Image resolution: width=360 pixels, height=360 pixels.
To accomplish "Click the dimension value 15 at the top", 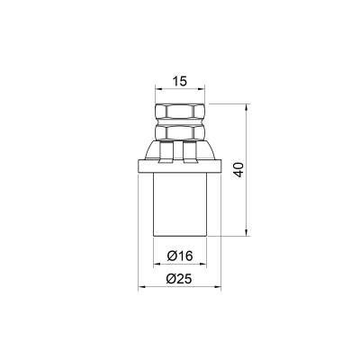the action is pyautogui.click(x=180, y=81).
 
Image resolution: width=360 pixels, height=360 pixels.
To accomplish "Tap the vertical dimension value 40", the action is pyautogui.click(x=238, y=170).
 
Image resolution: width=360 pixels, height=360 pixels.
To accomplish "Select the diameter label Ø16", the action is pyautogui.click(x=180, y=256).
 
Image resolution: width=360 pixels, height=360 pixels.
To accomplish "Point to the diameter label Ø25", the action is pyautogui.click(x=179, y=279).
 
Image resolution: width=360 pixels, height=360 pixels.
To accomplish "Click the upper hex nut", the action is pyautogui.click(x=180, y=112).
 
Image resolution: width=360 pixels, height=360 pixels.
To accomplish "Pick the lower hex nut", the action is pyautogui.click(x=180, y=132).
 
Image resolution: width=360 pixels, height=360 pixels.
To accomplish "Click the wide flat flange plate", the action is pyautogui.click(x=179, y=166).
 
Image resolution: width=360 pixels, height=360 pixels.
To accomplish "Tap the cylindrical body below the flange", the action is pyautogui.click(x=180, y=205).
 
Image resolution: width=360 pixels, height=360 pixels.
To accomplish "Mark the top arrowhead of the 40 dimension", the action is pyautogui.click(x=247, y=107).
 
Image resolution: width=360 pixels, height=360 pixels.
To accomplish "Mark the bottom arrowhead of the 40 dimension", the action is pyautogui.click(x=247, y=233).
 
